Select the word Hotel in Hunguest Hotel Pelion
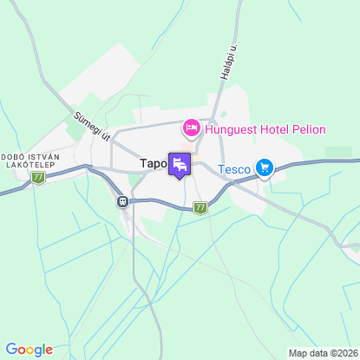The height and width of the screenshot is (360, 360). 272,130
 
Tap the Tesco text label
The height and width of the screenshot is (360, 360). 233,168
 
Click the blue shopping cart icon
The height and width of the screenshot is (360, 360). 263,168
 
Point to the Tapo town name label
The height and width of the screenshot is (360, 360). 153,163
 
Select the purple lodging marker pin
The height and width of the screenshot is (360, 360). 180,165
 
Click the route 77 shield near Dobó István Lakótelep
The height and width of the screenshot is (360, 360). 37,177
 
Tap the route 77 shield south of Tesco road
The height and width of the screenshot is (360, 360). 201,207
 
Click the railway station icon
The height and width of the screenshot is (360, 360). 123,201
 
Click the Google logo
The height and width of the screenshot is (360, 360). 29,350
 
